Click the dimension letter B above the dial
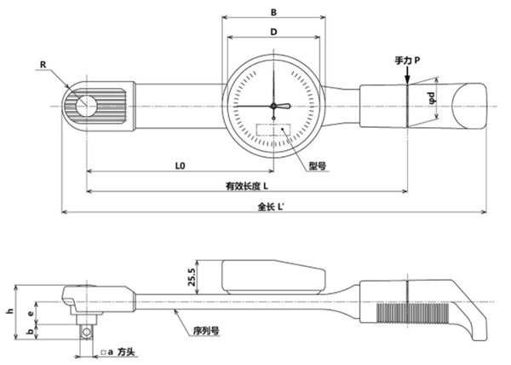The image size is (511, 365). tap(273, 14)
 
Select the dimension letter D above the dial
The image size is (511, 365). tap(273, 32)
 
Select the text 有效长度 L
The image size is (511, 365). tap(247, 186)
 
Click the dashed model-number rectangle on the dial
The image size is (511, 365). tap(273, 135)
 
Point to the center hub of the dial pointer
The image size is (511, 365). tap(273, 106)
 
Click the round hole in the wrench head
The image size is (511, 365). tap(86, 105)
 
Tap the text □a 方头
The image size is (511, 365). tap(119, 351)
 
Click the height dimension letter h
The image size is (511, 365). tap(10, 311)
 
